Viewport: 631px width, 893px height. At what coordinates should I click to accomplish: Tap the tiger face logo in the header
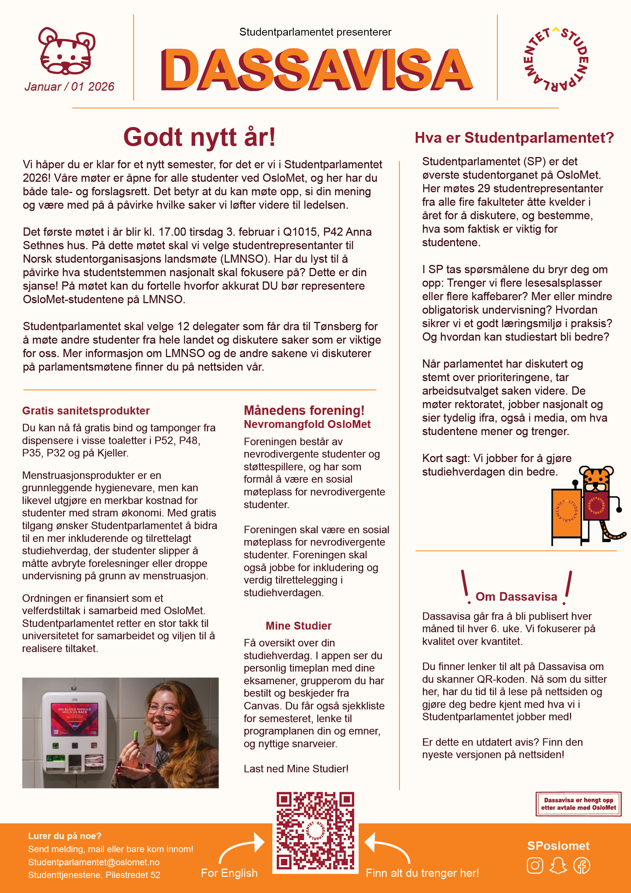67,51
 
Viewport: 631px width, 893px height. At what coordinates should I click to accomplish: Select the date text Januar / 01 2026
70,87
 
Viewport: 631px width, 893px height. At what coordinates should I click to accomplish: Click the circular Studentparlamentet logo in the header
556,59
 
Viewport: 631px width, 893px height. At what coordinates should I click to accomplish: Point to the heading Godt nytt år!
200,137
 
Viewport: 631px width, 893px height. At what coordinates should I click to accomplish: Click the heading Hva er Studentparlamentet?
514,138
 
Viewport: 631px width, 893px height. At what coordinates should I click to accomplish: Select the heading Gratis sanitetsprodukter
86,411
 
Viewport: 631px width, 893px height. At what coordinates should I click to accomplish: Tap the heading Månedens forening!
304,410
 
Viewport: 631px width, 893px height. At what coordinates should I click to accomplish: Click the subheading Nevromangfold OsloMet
307,424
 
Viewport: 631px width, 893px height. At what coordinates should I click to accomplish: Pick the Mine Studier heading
298,626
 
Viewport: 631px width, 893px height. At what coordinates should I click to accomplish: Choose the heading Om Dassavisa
516,597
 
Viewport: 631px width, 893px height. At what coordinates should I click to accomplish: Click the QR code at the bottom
315,831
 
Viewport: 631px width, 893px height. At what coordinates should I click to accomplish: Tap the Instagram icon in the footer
535,866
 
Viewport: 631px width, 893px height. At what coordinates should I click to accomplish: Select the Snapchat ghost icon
558,866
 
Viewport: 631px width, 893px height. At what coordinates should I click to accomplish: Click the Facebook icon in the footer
582,866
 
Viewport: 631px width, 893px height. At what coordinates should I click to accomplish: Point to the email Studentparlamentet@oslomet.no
94,862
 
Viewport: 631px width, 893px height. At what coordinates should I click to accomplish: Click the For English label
230,873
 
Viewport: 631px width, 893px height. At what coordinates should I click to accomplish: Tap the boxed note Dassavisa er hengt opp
579,804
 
